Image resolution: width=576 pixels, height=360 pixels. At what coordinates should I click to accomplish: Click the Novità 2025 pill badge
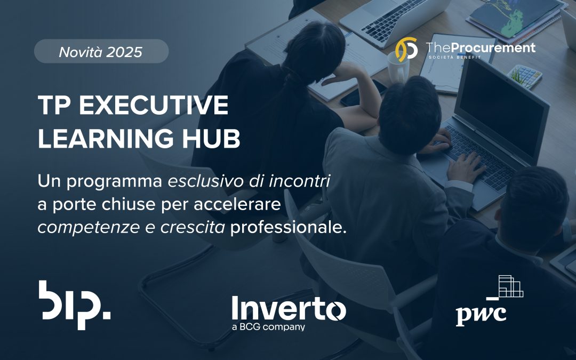pyautogui.click(x=101, y=51)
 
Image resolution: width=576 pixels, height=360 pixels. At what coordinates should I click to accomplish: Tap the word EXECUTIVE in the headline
pyautogui.click(x=154, y=106)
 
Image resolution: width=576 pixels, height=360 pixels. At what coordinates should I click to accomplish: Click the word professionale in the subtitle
pyautogui.click(x=289, y=228)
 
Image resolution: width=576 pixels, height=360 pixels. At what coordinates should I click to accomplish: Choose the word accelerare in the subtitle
pyautogui.click(x=237, y=204)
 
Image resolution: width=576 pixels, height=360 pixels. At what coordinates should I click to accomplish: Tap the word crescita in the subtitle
pyautogui.click(x=193, y=228)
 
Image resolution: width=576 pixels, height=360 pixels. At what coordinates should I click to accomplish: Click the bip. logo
pyautogui.click(x=75, y=305)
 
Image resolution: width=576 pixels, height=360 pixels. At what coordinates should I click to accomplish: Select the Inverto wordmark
pyautogui.click(x=289, y=308)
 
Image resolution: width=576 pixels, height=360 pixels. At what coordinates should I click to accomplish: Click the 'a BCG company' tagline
pyautogui.click(x=268, y=326)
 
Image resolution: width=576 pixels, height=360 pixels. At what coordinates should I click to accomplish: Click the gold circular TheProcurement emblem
pyautogui.click(x=406, y=49)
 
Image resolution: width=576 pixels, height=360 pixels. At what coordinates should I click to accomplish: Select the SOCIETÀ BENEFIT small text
pyautogui.click(x=455, y=57)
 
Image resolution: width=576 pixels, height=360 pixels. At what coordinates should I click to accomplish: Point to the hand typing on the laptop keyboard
pyautogui.click(x=466, y=167)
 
